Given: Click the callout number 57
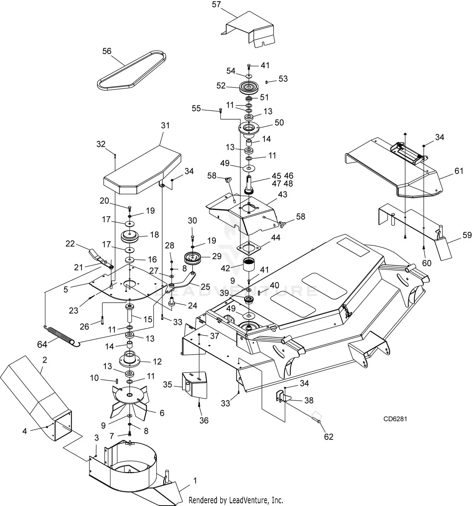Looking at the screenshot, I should [216, 5].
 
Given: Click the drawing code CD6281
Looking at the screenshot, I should [395, 419].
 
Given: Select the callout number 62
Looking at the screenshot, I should [329, 436].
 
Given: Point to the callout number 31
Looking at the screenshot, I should [165, 126].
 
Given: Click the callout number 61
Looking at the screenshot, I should [459, 171].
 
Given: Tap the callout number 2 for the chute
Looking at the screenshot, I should [44, 360].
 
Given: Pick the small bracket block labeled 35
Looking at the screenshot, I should [194, 385].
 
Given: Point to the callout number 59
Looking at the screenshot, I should [467, 235].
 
